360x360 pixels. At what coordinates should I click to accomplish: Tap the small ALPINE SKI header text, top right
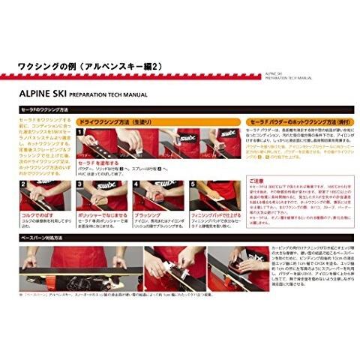point(278,73)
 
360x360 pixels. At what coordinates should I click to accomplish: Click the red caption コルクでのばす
point(37,213)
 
